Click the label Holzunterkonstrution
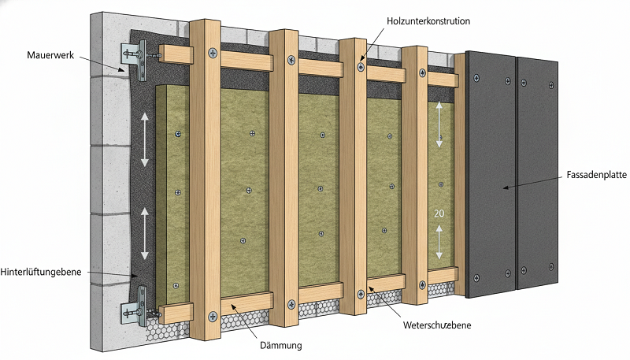coord(428,21)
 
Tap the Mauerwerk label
coord(50,55)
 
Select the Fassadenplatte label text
coord(597,175)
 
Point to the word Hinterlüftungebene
coord(41,272)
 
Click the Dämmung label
coord(281,345)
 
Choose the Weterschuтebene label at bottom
coord(437,325)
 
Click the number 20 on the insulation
coord(439,213)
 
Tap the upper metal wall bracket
coord(135,60)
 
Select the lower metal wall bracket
coord(135,306)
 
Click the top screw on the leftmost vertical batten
coord(213,52)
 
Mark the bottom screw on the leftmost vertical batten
coord(213,316)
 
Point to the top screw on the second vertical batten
coord(291,61)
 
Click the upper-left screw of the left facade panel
coord(476,78)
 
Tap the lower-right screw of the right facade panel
coord(552,266)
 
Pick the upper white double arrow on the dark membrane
coord(145,139)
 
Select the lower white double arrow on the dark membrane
coord(145,233)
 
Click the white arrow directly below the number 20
coord(439,242)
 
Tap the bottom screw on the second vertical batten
coord(291,304)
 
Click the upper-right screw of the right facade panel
coord(551,85)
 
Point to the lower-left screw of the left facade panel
coord(476,277)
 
